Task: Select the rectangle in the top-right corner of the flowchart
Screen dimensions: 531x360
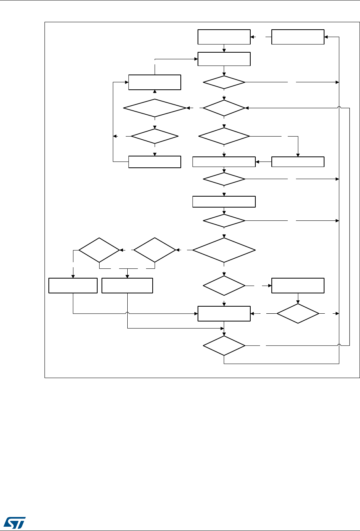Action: click(x=298, y=37)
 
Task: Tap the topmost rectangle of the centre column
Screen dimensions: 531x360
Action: click(x=224, y=37)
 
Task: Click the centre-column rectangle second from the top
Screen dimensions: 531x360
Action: click(x=224, y=59)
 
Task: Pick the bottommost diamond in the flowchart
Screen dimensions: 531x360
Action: click(x=224, y=346)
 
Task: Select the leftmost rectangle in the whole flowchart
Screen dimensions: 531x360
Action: click(x=73, y=286)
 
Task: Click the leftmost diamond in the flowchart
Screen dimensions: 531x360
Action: click(x=99, y=250)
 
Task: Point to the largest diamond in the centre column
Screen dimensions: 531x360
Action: click(x=224, y=250)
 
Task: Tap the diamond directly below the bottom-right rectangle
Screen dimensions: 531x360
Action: click(x=298, y=313)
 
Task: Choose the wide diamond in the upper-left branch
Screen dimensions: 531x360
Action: click(x=155, y=107)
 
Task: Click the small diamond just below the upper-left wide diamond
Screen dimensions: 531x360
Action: click(x=155, y=136)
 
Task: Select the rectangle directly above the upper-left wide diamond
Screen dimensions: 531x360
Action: click(x=155, y=82)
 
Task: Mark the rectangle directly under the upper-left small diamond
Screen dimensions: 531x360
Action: click(x=155, y=162)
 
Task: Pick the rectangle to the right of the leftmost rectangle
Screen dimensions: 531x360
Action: click(x=127, y=286)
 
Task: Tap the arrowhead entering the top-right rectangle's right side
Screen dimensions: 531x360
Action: click(x=326, y=37)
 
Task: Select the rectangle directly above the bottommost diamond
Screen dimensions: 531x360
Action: click(x=224, y=313)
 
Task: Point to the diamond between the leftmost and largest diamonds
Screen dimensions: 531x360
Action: click(x=155, y=250)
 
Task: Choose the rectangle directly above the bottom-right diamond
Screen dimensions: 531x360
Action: click(x=298, y=286)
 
